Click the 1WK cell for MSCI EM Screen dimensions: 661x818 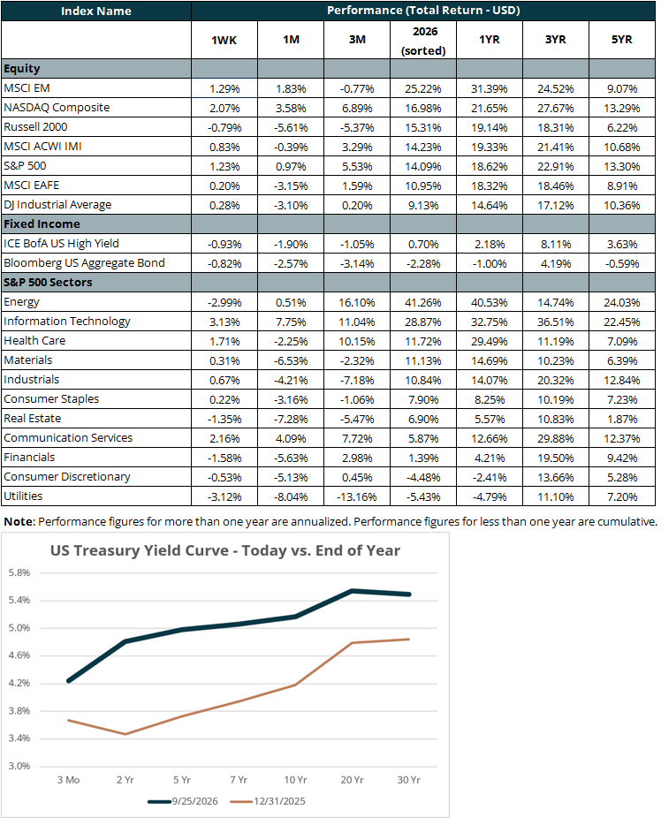point(224,88)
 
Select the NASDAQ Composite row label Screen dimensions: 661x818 point(57,108)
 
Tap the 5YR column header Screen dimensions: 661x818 point(621,40)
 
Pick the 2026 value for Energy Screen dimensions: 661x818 point(423,303)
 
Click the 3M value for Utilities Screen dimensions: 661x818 point(357,496)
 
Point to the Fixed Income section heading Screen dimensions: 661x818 point(42,223)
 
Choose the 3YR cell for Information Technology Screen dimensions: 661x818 point(556,322)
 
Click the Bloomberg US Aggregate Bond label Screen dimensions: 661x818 point(85,263)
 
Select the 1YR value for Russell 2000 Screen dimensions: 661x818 point(490,128)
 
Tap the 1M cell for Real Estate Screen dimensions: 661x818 point(291,420)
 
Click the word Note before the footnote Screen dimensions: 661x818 point(19,522)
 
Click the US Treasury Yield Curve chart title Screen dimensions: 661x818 point(225,550)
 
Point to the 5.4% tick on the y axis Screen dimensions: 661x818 point(19,601)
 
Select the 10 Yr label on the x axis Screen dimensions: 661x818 point(295,780)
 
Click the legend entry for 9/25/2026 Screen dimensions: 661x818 point(183,801)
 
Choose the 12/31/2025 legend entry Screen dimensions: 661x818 point(268,801)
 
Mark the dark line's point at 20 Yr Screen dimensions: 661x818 point(353,591)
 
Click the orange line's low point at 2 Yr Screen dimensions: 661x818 point(125,734)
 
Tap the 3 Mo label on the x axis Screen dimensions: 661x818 point(68,780)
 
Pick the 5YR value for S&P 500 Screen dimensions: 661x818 point(621,167)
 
